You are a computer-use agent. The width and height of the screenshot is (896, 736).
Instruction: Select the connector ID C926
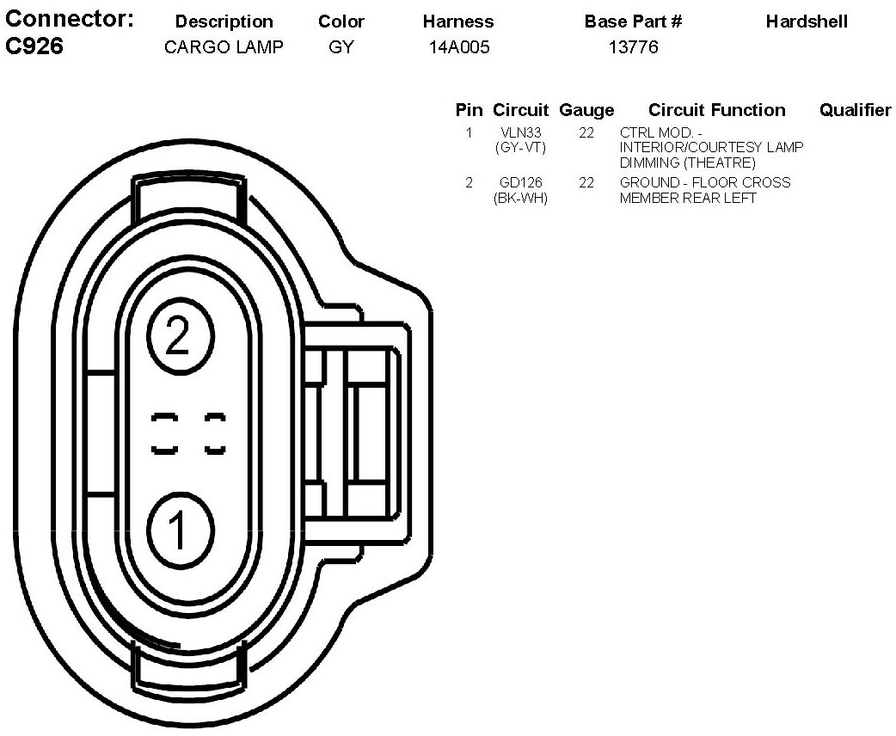point(34,46)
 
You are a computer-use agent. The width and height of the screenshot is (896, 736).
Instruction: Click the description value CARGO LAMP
point(224,47)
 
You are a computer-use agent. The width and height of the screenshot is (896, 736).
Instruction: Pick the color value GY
point(341,47)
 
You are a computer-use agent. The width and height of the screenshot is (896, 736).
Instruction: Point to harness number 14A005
point(459,47)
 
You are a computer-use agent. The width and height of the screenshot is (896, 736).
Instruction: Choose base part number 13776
point(633,47)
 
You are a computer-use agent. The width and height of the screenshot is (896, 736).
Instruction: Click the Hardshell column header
point(806,21)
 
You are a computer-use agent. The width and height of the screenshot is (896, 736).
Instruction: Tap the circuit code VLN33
point(520,133)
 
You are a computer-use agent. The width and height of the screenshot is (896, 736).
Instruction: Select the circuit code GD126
point(520,182)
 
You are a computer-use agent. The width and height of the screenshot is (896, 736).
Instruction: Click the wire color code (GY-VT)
point(520,148)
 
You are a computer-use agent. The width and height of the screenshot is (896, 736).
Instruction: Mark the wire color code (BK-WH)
point(520,198)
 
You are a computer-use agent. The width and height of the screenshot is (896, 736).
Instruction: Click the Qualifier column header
point(855,110)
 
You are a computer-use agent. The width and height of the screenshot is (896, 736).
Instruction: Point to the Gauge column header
point(586,110)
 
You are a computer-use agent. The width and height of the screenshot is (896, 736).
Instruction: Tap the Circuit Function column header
point(716,110)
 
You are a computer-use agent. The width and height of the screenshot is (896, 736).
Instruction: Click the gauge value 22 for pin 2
point(586,182)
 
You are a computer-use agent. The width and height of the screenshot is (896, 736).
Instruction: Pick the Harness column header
point(458,21)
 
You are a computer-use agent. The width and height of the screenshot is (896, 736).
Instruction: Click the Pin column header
point(469,110)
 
